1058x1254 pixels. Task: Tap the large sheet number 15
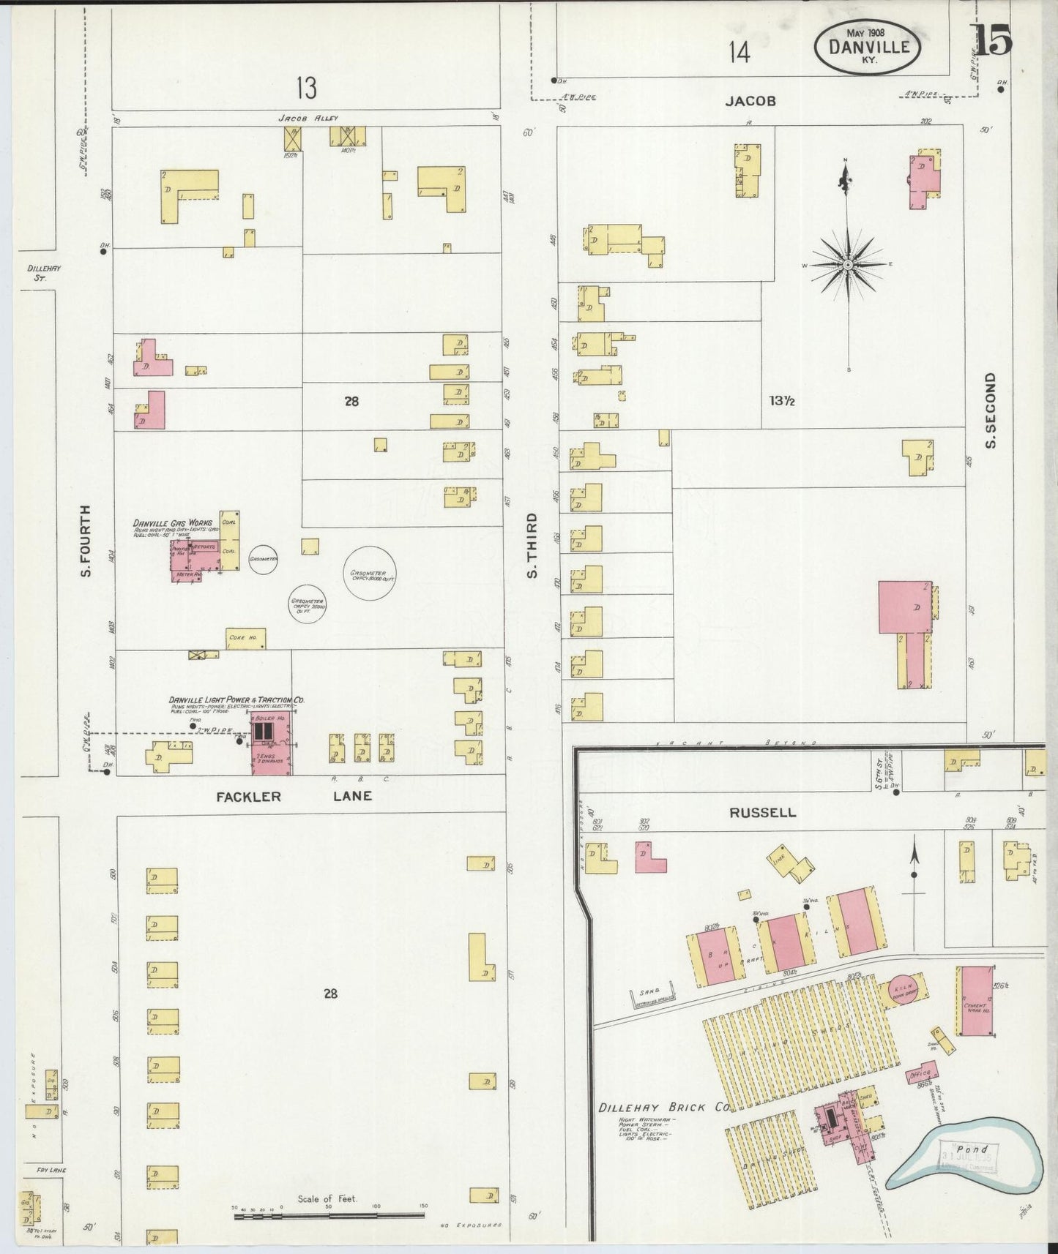(993, 40)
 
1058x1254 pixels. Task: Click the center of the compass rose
(847, 264)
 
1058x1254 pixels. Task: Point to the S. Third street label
(532, 544)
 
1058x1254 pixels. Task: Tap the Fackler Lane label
(294, 796)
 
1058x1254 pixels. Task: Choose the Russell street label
(762, 813)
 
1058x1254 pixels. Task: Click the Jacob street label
(750, 101)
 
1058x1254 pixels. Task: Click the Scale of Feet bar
(329, 1216)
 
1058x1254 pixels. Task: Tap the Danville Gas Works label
(172, 523)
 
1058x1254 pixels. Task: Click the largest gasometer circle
(370, 573)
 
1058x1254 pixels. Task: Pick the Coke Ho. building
(246, 639)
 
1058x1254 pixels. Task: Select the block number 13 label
(307, 89)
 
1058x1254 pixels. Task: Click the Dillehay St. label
(44, 273)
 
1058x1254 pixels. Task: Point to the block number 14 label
(740, 53)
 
